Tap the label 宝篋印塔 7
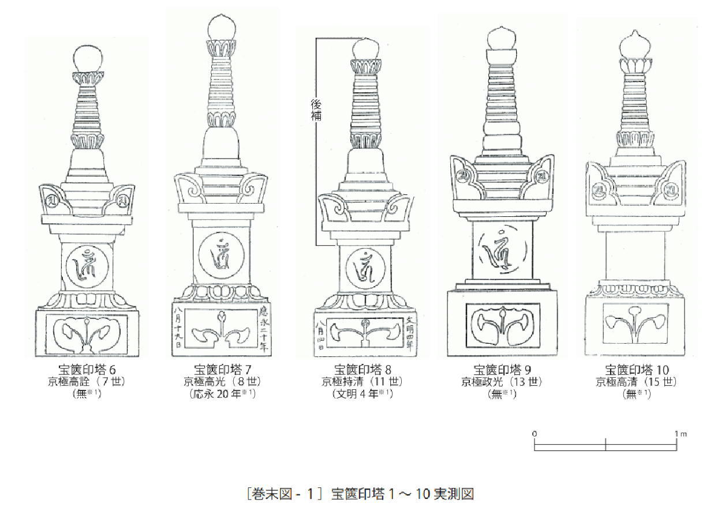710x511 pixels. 223,370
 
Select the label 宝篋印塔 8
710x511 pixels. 363,370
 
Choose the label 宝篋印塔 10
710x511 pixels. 637,370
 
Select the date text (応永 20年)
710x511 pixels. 223,394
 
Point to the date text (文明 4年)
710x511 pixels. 363,394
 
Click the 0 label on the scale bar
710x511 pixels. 535,434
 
